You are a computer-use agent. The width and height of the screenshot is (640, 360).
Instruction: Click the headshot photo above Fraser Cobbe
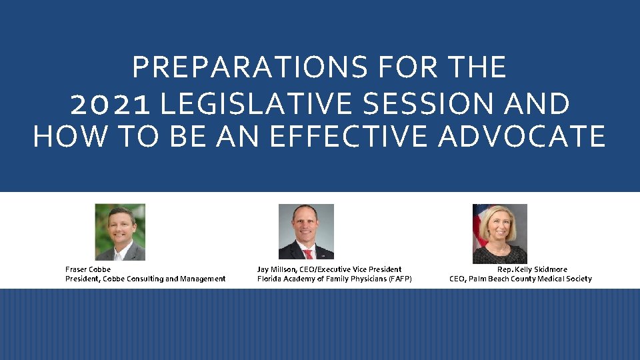120,232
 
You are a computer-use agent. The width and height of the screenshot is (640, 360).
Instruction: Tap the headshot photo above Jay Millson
306,232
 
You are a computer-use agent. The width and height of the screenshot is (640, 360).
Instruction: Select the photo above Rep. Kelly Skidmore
500,233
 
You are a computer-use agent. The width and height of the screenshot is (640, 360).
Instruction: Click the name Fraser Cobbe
88,269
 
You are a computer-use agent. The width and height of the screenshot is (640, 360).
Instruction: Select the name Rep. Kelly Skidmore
532,269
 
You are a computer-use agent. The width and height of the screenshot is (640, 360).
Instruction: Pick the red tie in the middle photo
308,254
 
